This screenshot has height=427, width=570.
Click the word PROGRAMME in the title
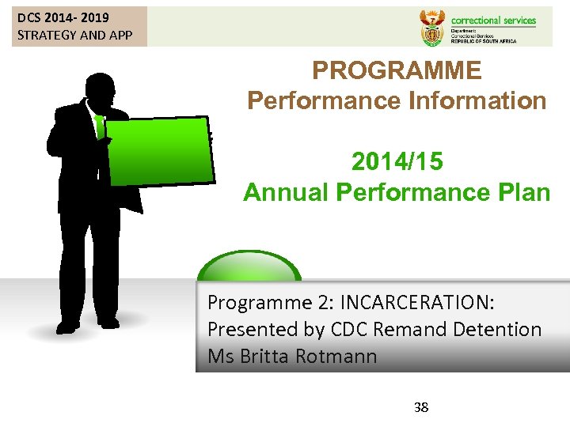tap(397, 70)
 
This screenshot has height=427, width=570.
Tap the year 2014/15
tap(397, 161)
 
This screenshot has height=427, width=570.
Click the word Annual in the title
tap(286, 192)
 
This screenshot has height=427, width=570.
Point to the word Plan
tap(522, 192)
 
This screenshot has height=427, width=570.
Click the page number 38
tap(421, 407)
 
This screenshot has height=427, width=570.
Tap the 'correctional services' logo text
tap(492, 21)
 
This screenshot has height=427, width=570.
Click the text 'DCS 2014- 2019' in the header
tap(63, 17)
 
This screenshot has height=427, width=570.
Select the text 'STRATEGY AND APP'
tap(74, 35)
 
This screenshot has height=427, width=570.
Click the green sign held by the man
tap(160, 150)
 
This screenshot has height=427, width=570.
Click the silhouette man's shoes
tap(87, 323)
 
